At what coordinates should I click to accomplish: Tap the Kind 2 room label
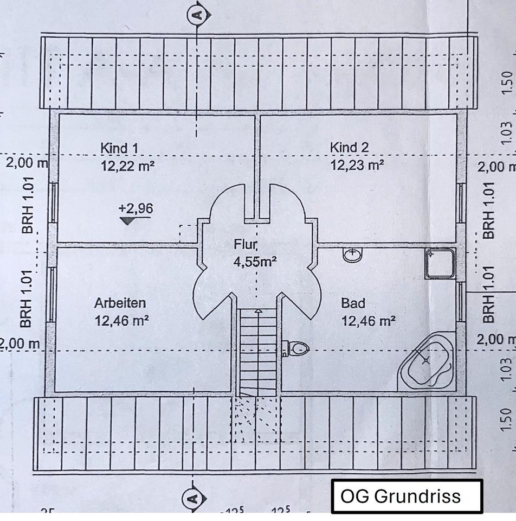[350, 147]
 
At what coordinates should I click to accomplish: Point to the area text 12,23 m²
[358, 165]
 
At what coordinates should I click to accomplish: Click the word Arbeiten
[120, 303]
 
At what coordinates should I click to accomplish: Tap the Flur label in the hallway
[246, 244]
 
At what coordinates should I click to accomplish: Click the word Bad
[353, 303]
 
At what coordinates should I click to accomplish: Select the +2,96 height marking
[136, 208]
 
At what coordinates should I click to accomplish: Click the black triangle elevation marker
[128, 220]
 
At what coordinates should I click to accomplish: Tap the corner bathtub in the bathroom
[427, 363]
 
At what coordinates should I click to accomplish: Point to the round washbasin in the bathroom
[352, 254]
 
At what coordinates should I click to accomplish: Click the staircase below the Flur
[258, 347]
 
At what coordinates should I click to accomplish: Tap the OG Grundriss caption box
[407, 496]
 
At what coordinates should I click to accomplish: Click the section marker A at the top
[197, 14]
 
